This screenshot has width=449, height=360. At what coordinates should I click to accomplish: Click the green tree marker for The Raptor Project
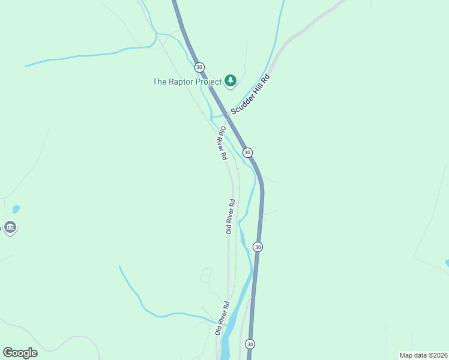[231, 81]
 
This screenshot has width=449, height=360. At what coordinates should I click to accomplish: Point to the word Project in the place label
[210, 82]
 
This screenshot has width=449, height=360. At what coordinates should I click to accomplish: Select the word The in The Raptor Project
[159, 82]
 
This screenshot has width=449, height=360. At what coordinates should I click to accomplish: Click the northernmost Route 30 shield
[199, 67]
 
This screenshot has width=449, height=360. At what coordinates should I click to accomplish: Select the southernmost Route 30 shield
[250, 344]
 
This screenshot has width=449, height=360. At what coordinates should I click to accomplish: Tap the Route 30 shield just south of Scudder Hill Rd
[247, 152]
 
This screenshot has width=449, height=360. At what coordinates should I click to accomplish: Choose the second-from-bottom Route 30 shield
[258, 247]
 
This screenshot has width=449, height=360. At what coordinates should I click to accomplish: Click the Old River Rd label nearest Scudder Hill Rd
[221, 143]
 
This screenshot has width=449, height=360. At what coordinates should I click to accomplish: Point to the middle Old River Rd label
[229, 216]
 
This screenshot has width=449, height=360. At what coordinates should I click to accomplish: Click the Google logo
[20, 352]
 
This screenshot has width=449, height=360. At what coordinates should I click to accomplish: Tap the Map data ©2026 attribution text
[423, 355]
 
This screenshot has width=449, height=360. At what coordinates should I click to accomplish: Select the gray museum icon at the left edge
[10, 227]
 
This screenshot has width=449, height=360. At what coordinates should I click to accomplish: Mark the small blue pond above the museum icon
[16, 209]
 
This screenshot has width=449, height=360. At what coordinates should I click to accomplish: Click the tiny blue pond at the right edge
[447, 262]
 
